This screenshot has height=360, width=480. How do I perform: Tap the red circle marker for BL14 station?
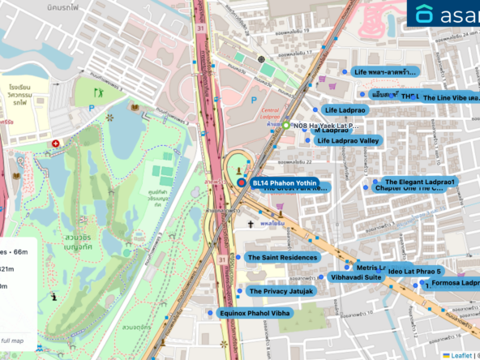[x=241, y=183]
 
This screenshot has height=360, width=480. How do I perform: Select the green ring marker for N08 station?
[x=285, y=125]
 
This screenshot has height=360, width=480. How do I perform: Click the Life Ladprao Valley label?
[x=348, y=141]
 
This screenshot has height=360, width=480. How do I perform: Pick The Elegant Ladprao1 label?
[x=419, y=182]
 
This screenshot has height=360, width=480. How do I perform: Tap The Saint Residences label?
[x=282, y=257]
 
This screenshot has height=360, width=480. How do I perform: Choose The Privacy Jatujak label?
[x=281, y=291]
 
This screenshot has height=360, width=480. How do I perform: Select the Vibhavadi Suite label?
[x=355, y=277]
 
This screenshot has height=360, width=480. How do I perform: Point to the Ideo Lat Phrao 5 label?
[x=414, y=271]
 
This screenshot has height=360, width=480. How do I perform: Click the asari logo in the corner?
[x=446, y=15]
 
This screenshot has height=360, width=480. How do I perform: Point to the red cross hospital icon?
[x=55, y=144]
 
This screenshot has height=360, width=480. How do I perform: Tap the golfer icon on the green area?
[x=101, y=92]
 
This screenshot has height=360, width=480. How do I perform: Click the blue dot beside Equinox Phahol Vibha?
[x=210, y=313]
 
